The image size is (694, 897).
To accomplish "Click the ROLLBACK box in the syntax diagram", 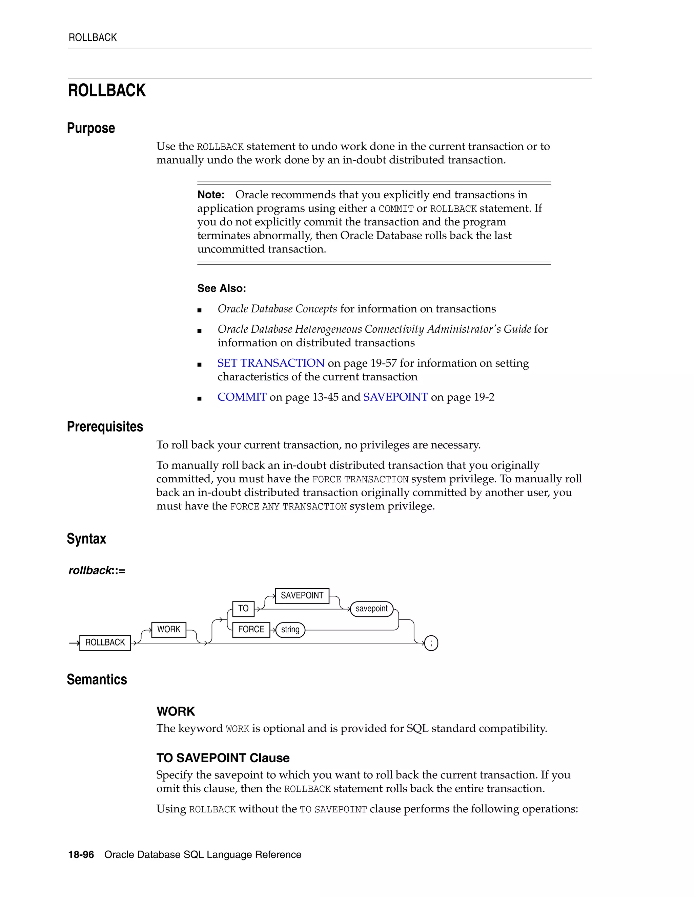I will (105, 643).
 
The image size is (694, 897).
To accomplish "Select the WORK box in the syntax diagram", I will (168, 630).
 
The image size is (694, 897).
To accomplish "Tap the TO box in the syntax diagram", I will (243, 609).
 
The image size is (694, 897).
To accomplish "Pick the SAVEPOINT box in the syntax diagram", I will (302, 595).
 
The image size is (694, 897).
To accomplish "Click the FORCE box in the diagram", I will (251, 630).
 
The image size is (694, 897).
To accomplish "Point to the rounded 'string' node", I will (290, 630).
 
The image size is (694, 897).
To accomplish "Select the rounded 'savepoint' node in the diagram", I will (371, 609).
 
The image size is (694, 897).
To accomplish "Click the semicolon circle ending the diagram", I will (431, 643).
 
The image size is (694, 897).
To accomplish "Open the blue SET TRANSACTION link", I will (271, 363).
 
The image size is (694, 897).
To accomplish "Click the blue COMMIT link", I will (242, 397).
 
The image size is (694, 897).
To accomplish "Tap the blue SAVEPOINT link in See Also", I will (395, 397).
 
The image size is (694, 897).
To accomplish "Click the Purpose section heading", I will (91, 128).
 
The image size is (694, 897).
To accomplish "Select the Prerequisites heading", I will (105, 427).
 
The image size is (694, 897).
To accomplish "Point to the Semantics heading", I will (97, 680).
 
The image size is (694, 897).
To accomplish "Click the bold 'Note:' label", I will (210, 195).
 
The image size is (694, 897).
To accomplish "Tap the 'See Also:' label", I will (222, 288).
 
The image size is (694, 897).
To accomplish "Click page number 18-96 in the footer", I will (81, 855).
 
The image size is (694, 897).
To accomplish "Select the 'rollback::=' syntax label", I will (97, 570).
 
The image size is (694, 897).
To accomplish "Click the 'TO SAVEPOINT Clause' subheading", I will (223, 758).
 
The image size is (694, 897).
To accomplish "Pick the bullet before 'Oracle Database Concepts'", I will (199, 310).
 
